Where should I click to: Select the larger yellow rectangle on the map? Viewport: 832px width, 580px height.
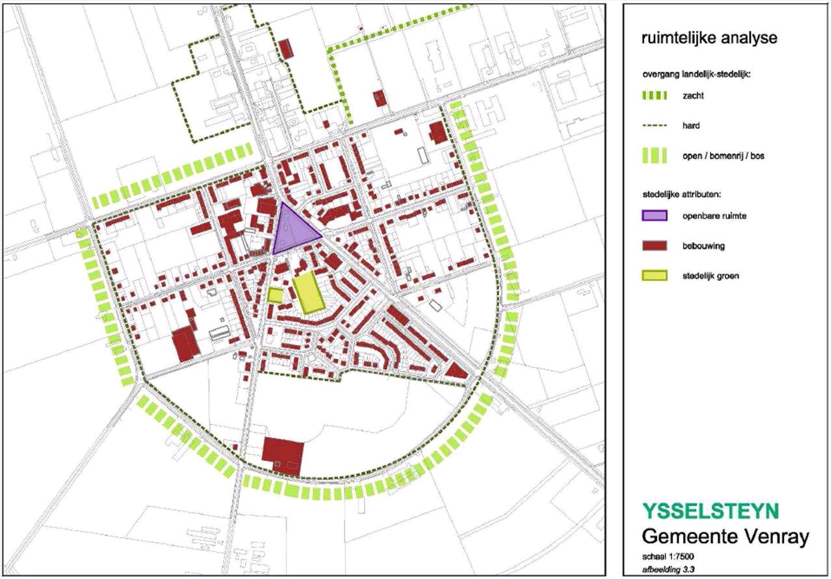[x=307, y=294]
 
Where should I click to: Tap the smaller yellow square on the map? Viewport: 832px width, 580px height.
[x=276, y=295]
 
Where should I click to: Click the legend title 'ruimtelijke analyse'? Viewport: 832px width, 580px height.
[x=709, y=38]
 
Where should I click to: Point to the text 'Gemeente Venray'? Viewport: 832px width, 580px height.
[x=725, y=537]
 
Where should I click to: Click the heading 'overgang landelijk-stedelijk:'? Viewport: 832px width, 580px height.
[x=697, y=75]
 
